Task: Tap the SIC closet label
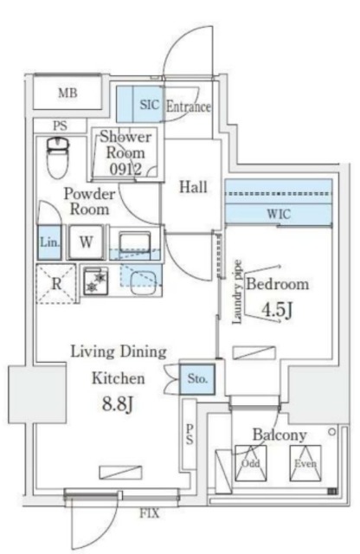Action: tap(149, 106)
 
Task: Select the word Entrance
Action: tap(188, 107)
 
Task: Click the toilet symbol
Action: tap(57, 156)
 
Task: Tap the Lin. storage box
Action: tap(48, 242)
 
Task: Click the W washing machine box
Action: tap(87, 242)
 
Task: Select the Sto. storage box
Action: tap(196, 377)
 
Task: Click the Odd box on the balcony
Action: tap(251, 463)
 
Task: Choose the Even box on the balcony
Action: tap(305, 463)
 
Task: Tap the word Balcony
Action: tap(279, 434)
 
